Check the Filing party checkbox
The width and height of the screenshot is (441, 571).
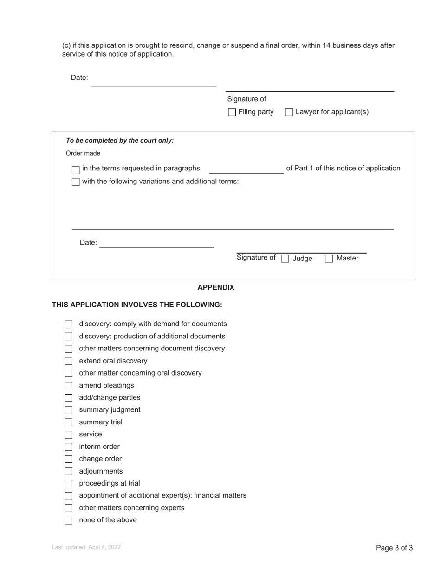pos(232,112)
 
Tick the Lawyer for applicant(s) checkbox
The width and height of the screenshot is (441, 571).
pos(289,112)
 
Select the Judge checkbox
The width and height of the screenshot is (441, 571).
pos(285,259)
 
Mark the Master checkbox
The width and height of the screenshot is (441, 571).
pos(329,259)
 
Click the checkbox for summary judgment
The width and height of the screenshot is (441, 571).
pos(69,410)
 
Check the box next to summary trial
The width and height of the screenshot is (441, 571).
pos(69,422)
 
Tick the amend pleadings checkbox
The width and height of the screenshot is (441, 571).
pos(69,386)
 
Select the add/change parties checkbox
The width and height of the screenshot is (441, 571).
pos(69,398)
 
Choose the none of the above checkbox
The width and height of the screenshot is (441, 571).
pos(69,520)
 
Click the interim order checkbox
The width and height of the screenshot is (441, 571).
pos(69,447)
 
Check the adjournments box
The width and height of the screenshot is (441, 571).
pos(69,472)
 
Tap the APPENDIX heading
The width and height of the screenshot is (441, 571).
pos(216,287)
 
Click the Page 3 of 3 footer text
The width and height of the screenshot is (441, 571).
pos(394,548)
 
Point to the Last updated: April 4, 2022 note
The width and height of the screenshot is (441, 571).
pos(86,547)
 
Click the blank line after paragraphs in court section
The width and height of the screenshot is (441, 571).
pos(246,169)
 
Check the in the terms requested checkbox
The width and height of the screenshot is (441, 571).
pos(76,170)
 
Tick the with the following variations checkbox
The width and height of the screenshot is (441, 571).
pos(76,182)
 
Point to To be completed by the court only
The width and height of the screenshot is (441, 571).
pos(120,141)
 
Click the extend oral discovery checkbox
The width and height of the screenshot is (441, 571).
pos(69,361)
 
